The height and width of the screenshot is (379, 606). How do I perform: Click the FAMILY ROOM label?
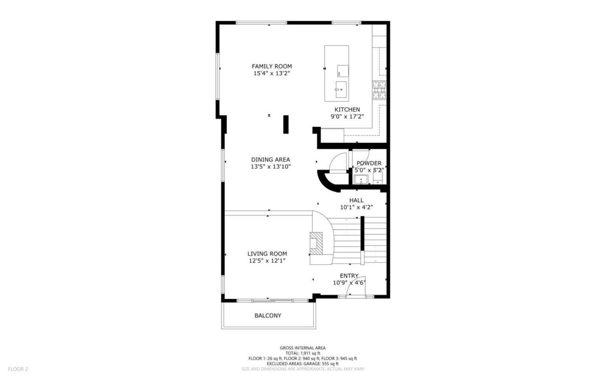[x=271, y=66]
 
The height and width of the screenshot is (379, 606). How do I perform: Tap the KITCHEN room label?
[x=347, y=109]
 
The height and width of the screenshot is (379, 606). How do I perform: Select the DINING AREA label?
[x=271, y=160]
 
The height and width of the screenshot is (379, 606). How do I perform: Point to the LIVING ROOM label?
[x=267, y=254]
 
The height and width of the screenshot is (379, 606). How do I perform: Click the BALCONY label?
[x=268, y=315]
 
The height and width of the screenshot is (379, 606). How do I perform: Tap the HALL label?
[x=356, y=200]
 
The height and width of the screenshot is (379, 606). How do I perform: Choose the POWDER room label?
[x=369, y=163]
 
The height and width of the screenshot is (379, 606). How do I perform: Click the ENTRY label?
[x=349, y=276]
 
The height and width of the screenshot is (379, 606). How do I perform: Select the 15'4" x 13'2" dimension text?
[x=271, y=73]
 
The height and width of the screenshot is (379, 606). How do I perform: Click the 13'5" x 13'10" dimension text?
[x=271, y=166]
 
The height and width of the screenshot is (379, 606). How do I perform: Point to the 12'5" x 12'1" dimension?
[x=267, y=261]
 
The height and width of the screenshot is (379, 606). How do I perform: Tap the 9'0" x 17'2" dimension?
[x=347, y=117]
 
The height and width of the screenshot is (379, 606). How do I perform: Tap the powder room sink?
[x=361, y=180]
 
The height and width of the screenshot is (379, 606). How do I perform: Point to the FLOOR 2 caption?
[x=18, y=369]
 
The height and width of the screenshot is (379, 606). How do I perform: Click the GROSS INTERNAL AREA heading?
[x=303, y=348]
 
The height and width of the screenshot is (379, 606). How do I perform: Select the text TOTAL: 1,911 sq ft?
[x=303, y=353]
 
